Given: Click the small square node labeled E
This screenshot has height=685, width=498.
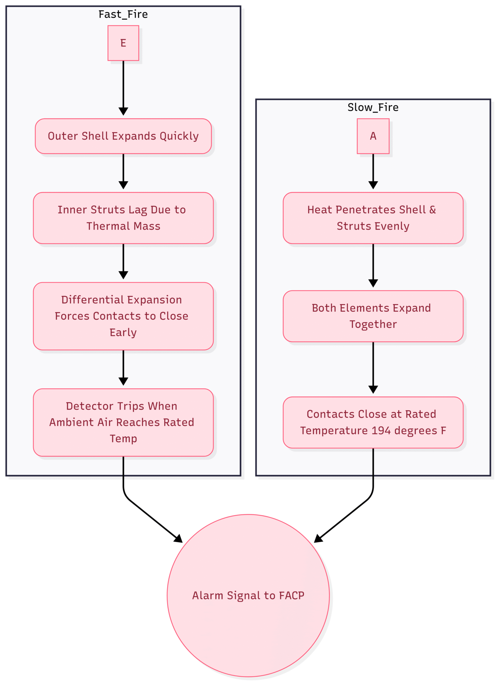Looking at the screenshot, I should pyautogui.click(x=123, y=43).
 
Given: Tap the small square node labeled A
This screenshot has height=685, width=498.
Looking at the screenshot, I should pyautogui.click(x=373, y=136).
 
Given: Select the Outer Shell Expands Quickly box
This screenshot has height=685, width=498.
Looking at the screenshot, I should pyautogui.click(x=123, y=136).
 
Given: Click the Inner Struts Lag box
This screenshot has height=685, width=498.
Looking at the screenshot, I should pyautogui.click(x=123, y=218).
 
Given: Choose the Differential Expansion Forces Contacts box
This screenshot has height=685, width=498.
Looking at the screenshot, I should pyautogui.click(x=123, y=316).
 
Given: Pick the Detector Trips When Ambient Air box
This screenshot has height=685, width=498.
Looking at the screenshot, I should pyautogui.click(x=123, y=422).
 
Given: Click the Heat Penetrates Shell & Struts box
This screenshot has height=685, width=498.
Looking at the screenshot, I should pyautogui.click(x=373, y=218).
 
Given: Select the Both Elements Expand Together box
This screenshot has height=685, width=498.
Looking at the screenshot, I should pyautogui.click(x=373, y=316).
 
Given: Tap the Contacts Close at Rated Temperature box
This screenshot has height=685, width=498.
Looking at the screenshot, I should pyautogui.click(x=373, y=422).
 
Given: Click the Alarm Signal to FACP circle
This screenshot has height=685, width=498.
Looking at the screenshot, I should pyautogui.click(x=248, y=595).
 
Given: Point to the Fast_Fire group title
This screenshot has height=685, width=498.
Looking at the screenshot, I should pyautogui.click(x=123, y=14).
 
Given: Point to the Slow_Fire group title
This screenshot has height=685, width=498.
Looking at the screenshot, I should pyautogui.click(x=373, y=107).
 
